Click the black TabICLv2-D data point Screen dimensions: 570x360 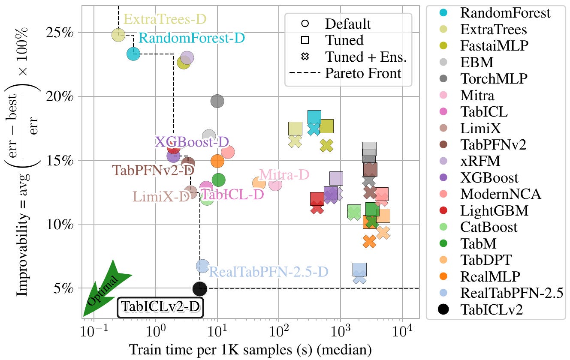[200, 289]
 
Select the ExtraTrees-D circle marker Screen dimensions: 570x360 [118, 35]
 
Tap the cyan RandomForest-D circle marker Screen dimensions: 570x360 [133, 54]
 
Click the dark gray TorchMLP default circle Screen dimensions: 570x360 [217, 101]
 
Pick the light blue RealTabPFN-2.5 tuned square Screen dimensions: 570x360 [359, 270]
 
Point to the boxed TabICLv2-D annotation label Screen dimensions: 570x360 [160, 307]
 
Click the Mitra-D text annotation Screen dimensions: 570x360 [284, 175]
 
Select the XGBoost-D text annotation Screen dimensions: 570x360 [192, 142]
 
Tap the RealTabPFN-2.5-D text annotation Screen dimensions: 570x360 [268, 272]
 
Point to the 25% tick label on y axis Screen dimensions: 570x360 [60, 33]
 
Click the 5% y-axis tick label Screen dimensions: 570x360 [63, 288]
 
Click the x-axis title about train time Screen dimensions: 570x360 [250, 350]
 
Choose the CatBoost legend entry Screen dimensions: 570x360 [478, 227]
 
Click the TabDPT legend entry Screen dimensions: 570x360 [475, 260]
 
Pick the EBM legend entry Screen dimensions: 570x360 [467, 62]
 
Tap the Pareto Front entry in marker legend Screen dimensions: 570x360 [345, 73]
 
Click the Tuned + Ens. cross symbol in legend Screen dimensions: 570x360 [305, 57]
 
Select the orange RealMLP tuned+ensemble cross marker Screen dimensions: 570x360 [369, 242]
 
